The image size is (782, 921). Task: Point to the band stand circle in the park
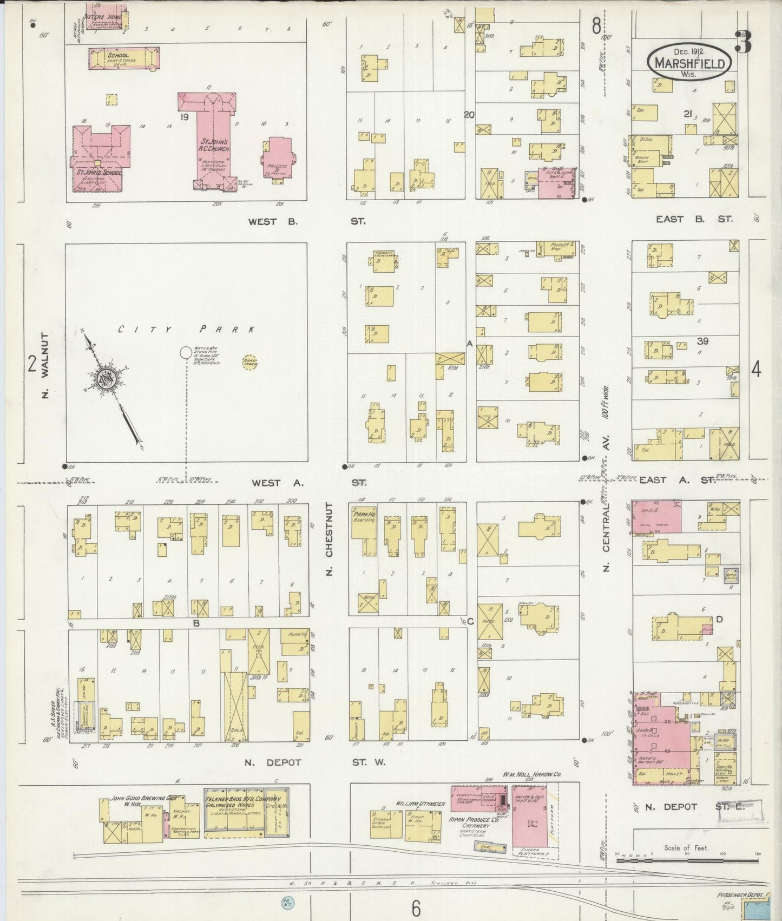pos(250,363)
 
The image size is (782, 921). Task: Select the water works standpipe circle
pos(186,352)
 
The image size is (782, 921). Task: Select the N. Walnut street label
pos(45,365)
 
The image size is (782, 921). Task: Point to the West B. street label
pos(273,221)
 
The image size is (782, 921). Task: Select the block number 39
pos(703,341)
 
